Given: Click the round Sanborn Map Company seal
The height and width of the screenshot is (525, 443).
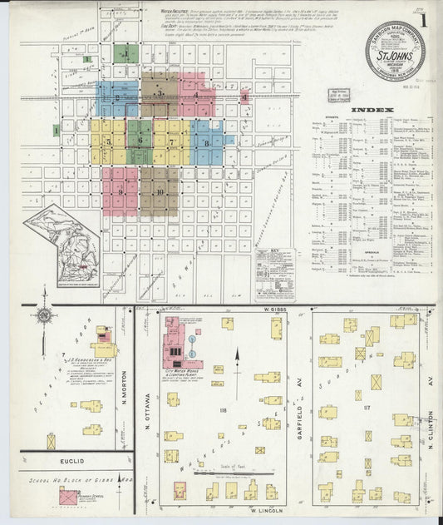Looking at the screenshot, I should [x=395, y=49].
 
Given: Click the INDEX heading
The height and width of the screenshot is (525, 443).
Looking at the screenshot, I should [x=367, y=111].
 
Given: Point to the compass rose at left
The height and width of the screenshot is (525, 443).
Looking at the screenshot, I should [x=43, y=316].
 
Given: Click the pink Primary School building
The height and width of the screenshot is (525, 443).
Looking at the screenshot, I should [x=65, y=498].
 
